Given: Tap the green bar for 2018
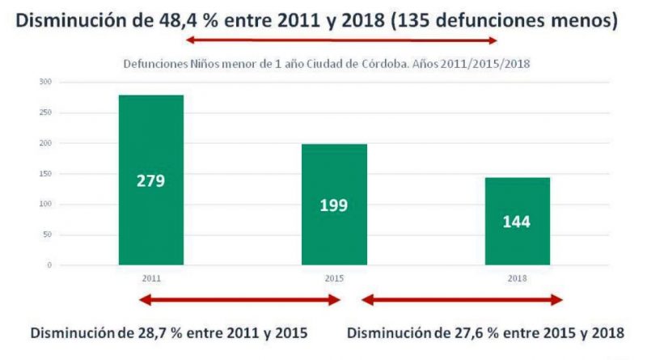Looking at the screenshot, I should (x=518, y=243).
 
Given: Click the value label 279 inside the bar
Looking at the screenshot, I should (x=151, y=180).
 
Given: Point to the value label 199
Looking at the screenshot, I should (x=333, y=205).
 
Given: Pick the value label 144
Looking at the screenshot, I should (x=517, y=222).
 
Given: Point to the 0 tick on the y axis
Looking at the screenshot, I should (x=49, y=265).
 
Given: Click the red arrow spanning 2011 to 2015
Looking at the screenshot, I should (x=239, y=300).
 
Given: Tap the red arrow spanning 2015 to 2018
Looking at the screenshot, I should (x=462, y=300).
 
